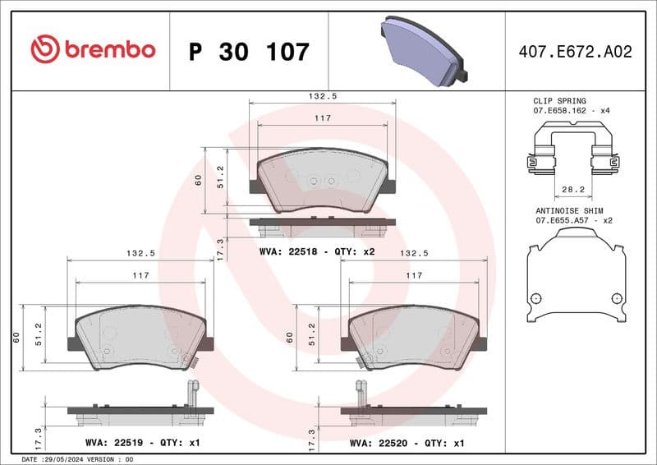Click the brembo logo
[x=93, y=49]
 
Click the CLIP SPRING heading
[x=560, y=101]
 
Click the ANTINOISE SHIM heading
[x=569, y=210]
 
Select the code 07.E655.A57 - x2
[x=573, y=220]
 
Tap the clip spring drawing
[x=573, y=152]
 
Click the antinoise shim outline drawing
[x=574, y=275]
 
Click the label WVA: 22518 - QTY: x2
[x=316, y=251]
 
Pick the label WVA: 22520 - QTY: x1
[x=407, y=443]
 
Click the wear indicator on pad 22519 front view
[x=190, y=359]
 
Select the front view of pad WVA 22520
[x=414, y=338]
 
